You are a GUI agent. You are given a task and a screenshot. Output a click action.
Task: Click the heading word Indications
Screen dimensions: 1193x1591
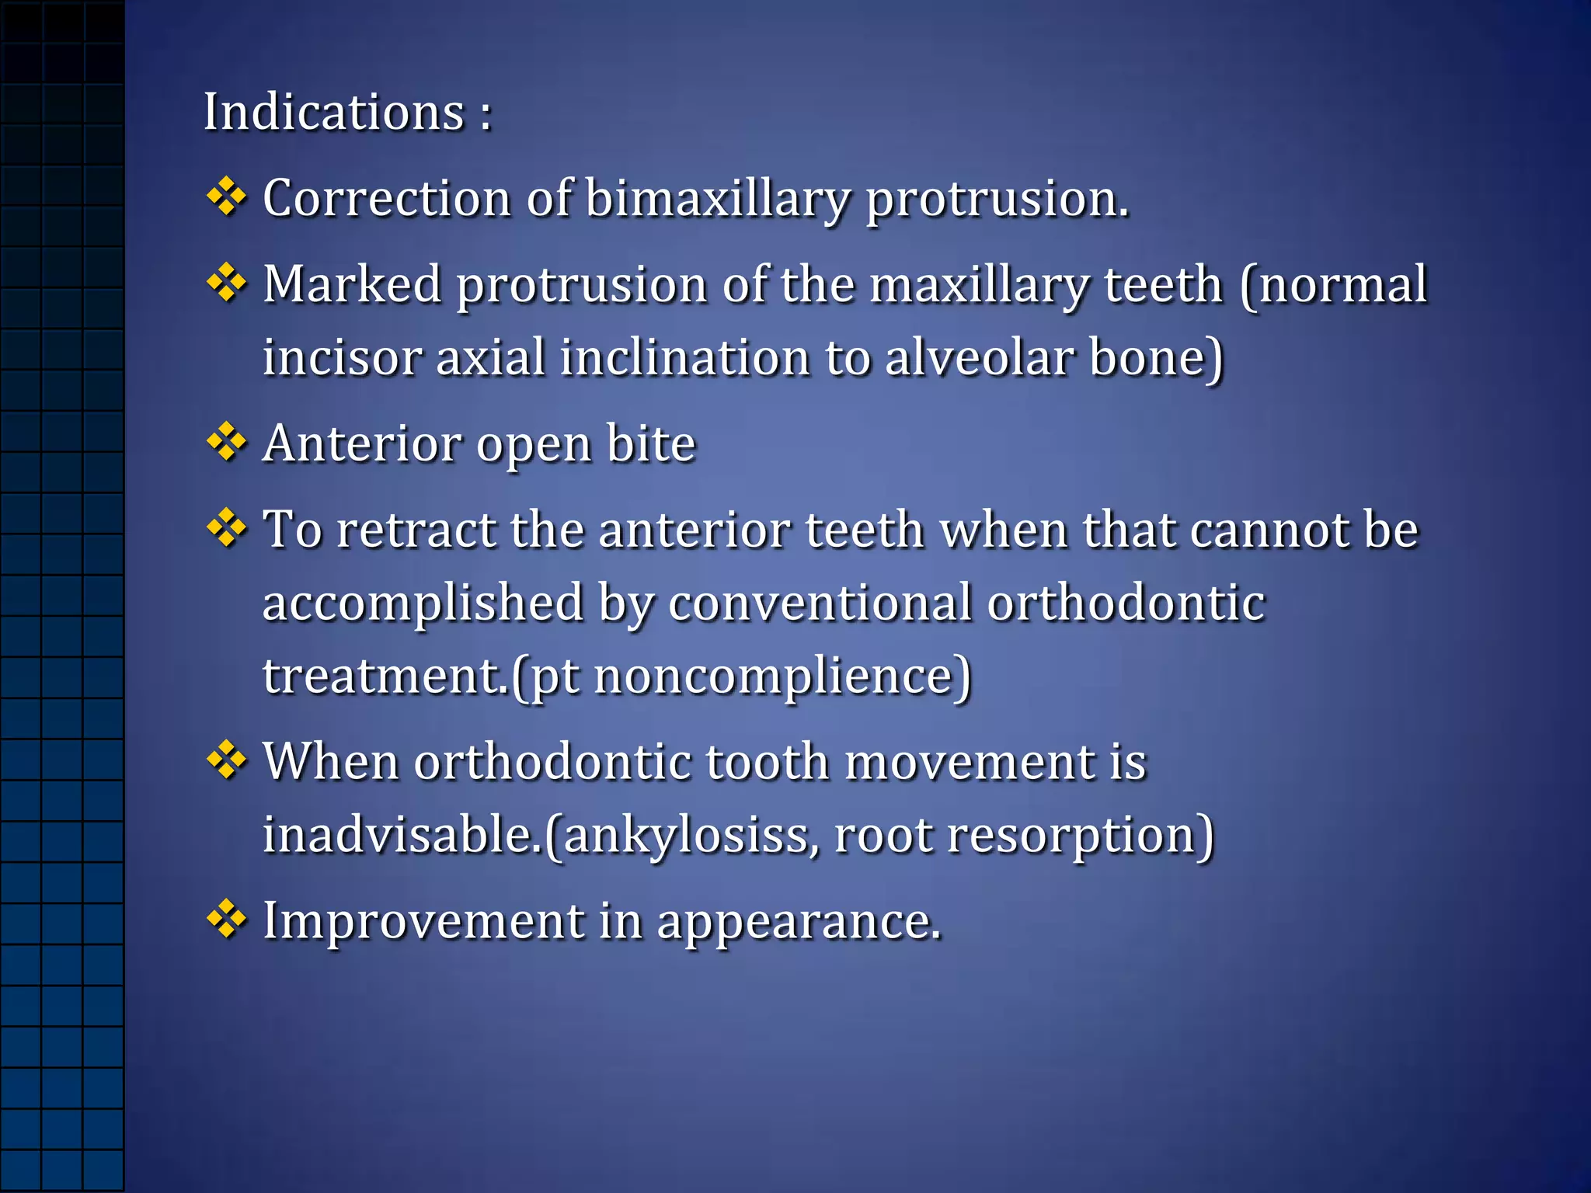334,113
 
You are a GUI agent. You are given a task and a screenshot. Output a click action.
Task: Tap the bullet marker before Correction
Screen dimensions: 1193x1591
226,197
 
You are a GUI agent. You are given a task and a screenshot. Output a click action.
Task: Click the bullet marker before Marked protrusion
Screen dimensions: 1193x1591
226,283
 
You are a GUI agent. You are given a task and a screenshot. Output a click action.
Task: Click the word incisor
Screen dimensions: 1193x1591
342,358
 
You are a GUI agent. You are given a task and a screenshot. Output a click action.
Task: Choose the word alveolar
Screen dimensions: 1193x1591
980,358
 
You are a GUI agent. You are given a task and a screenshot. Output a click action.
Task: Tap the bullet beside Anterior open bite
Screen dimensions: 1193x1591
226,443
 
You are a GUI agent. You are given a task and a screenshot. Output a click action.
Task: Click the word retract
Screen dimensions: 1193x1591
416,530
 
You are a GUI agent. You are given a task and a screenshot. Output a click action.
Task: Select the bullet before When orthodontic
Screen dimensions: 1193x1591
226,760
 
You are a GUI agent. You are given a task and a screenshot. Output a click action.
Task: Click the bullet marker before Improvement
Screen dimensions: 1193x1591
226,920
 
